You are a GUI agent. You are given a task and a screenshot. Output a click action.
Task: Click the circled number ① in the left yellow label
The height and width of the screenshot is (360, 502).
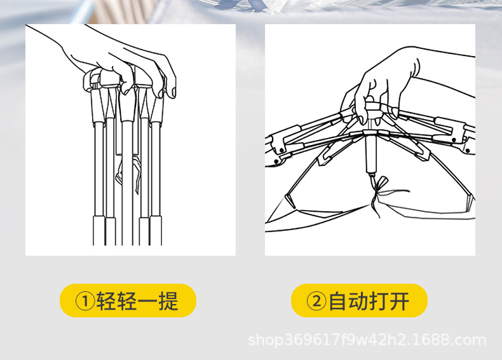tap(85, 301)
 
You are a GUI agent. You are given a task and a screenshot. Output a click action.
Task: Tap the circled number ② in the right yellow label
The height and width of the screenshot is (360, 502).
tap(316, 301)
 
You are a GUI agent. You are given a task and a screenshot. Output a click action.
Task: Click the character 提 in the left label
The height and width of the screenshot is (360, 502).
tap(168, 301)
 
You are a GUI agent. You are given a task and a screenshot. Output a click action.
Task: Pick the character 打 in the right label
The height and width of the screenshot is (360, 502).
tap(379, 301)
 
